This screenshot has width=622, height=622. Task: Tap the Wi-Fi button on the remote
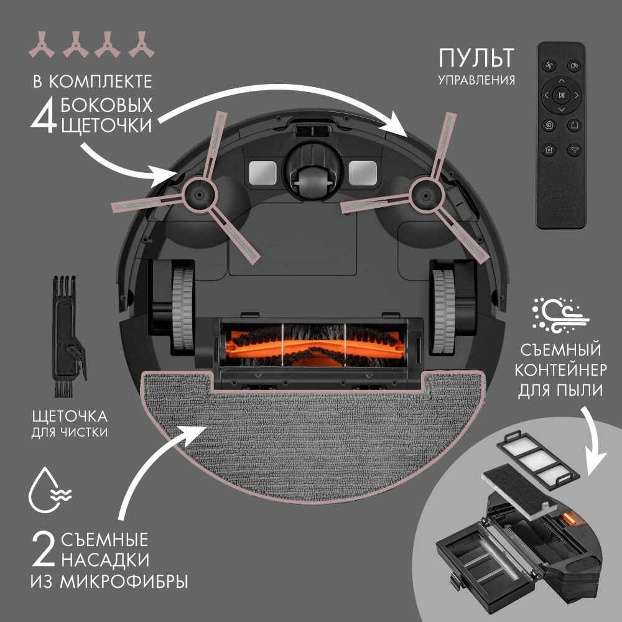tap(574, 149)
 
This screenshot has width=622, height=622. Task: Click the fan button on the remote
tap(549, 65)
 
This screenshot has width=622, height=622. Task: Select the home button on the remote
tap(549, 149)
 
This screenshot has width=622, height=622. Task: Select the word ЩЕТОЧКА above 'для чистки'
tap(68, 415)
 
